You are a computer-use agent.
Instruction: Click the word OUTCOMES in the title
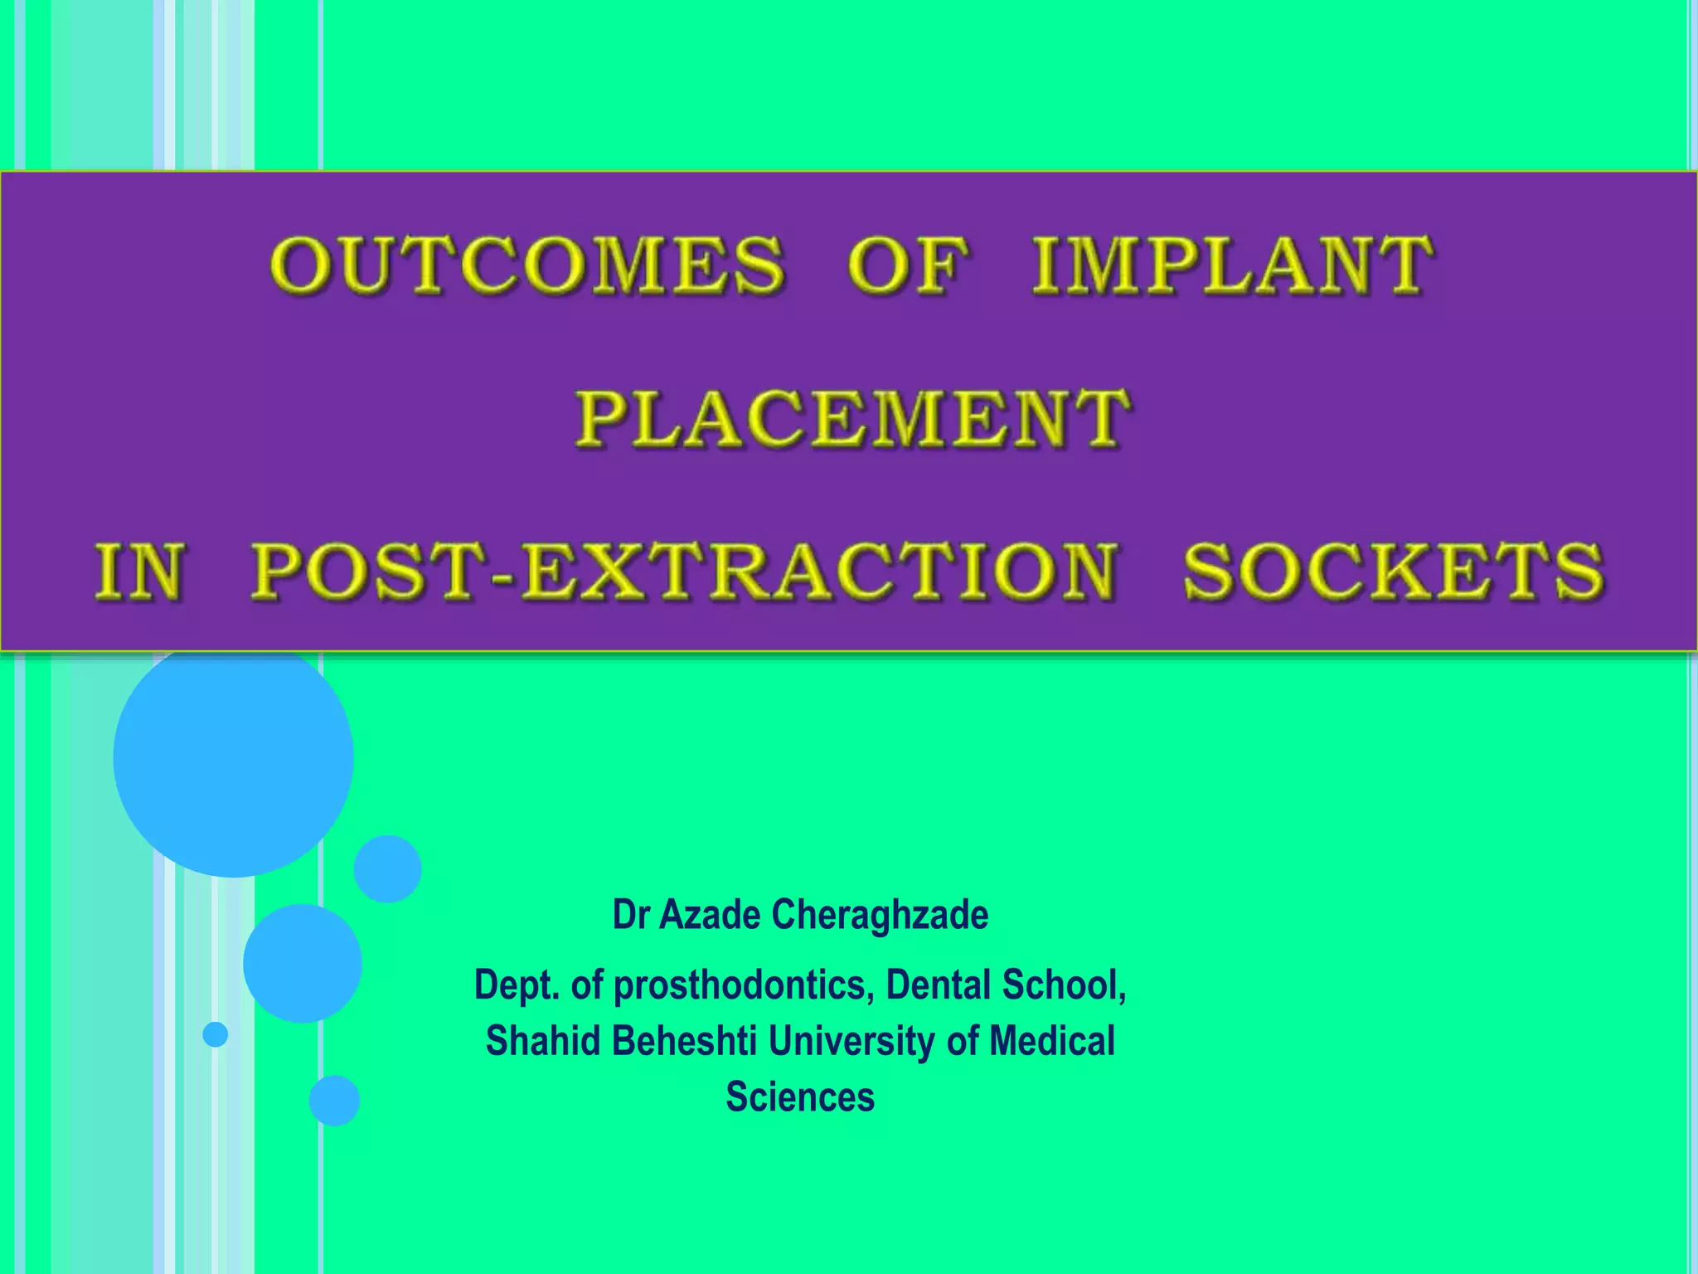pyautogui.click(x=526, y=265)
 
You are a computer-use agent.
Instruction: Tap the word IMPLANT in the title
pyautogui.click(x=1233, y=265)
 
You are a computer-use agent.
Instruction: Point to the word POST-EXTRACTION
pyautogui.click(x=685, y=571)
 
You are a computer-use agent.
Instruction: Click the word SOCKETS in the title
pyautogui.click(x=1393, y=571)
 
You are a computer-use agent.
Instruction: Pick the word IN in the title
pyautogui.click(x=138, y=571)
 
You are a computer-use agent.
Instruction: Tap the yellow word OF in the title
pyautogui.click(x=907, y=265)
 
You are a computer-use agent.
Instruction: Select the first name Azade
pyautogui.click(x=711, y=915)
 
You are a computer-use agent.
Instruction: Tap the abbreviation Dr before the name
pyautogui.click(x=630, y=915)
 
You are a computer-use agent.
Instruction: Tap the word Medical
pyautogui.click(x=1051, y=1041)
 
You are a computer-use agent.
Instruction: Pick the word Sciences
pyautogui.click(x=800, y=1097)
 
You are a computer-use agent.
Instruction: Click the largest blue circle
pyautogui.click(x=234, y=756)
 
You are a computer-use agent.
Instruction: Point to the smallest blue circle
pyautogui.click(x=216, y=1034)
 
